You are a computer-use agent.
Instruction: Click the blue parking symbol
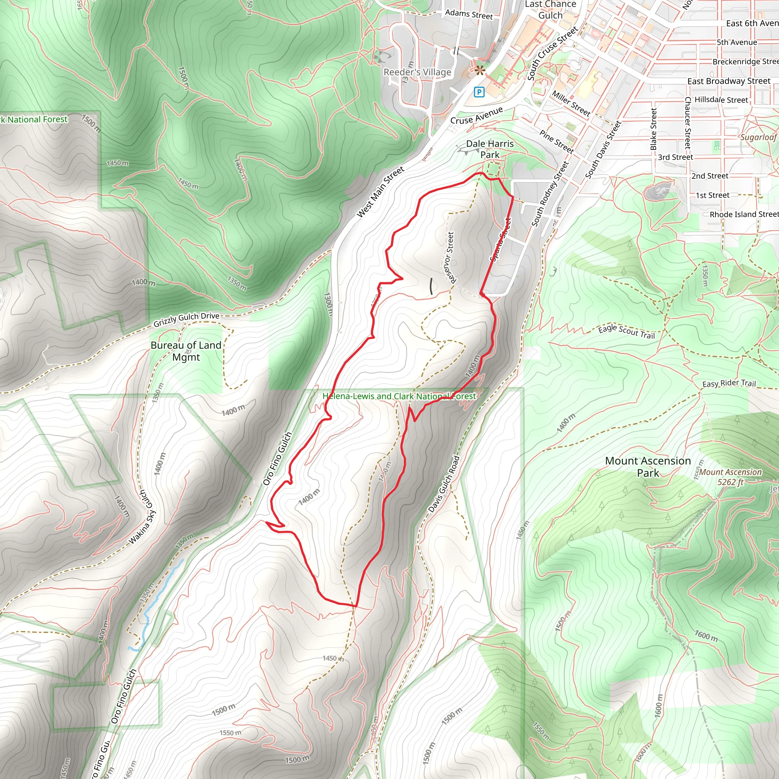click(479, 92)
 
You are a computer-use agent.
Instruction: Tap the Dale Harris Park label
click(490, 149)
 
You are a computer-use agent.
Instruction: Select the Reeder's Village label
click(417, 72)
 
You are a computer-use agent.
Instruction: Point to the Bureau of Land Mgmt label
click(186, 351)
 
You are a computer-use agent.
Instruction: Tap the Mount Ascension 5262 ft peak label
click(730, 477)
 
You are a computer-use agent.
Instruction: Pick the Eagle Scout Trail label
click(626, 331)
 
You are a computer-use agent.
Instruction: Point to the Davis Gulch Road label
click(444, 484)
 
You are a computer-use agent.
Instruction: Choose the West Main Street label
click(380, 192)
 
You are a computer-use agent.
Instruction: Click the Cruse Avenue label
click(476, 115)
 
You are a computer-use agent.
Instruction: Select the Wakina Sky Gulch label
click(142, 517)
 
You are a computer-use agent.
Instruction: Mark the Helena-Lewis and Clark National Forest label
click(399, 396)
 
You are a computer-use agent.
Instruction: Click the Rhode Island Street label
click(744, 215)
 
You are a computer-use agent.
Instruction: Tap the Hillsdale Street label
click(721, 100)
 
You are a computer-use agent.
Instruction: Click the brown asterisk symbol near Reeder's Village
click(479, 71)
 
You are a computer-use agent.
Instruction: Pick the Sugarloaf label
click(758, 137)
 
